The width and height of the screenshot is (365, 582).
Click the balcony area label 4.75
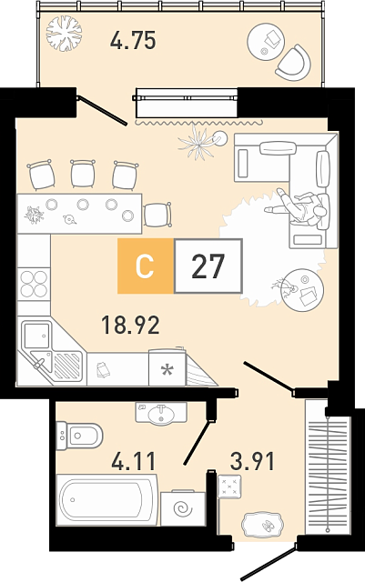(133, 40)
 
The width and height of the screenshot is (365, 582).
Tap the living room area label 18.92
(130, 325)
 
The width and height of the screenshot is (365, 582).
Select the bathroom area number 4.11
(133, 461)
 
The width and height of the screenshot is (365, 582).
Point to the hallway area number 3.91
(252, 461)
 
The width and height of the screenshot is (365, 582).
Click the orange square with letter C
(146, 266)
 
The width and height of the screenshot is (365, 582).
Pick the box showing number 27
(208, 266)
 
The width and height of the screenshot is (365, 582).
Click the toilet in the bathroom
(79, 436)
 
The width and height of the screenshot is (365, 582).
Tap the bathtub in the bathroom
(107, 499)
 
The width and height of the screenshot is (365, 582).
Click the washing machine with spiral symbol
(183, 508)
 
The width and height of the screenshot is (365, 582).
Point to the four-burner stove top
(34, 284)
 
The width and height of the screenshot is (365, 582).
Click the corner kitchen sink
(51, 351)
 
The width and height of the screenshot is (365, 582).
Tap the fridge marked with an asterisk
(167, 367)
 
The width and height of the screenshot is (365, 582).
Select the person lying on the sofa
(298, 207)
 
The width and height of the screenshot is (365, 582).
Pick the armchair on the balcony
(294, 63)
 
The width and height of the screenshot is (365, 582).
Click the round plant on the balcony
(64, 34)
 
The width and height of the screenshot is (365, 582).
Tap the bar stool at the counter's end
(157, 215)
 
